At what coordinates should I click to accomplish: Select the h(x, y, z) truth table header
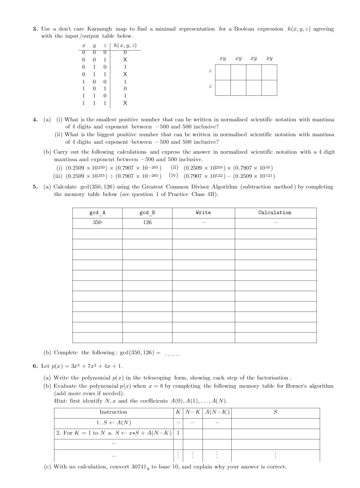(125, 46)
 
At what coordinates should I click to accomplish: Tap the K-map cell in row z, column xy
(223, 73)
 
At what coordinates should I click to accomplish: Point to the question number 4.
(35, 120)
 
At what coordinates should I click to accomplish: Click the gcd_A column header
(97, 213)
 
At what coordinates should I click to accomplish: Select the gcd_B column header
(147, 213)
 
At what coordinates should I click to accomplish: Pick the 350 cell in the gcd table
(97, 222)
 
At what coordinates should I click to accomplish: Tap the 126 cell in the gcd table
(147, 222)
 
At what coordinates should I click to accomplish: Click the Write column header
(203, 213)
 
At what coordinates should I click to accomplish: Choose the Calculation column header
(275, 213)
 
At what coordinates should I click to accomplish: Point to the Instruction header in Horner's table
(113, 412)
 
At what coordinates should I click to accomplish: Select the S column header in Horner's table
(275, 412)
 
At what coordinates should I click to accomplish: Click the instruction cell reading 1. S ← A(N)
(113, 423)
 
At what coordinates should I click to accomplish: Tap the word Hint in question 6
(61, 401)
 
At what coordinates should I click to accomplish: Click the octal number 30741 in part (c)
(139, 467)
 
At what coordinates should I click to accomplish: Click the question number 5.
(35, 187)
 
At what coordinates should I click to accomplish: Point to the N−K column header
(193, 412)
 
